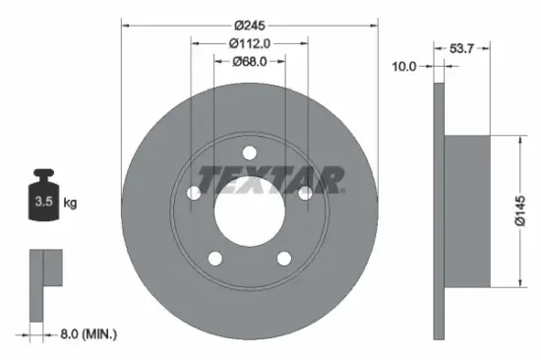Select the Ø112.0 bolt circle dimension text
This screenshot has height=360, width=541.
click(x=249, y=42)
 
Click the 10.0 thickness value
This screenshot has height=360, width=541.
click(x=405, y=66)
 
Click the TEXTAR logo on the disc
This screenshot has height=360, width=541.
click(x=270, y=179)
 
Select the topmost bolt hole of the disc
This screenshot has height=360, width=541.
click(x=249, y=153)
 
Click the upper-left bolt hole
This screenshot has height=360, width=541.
click(x=194, y=194)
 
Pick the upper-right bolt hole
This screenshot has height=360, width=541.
click(x=305, y=194)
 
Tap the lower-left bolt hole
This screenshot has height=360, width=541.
click(x=214, y=259)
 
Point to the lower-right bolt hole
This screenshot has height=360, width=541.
click(x=284, y=259)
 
